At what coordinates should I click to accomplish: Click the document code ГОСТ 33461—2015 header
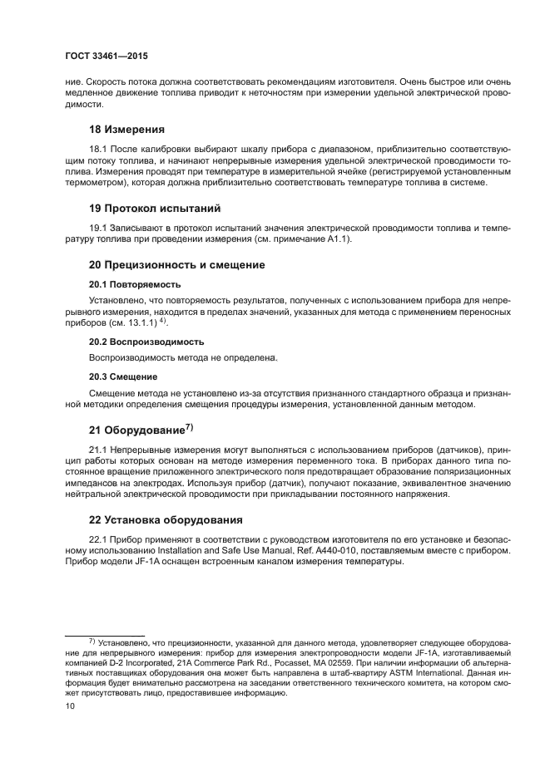(107, 57)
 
